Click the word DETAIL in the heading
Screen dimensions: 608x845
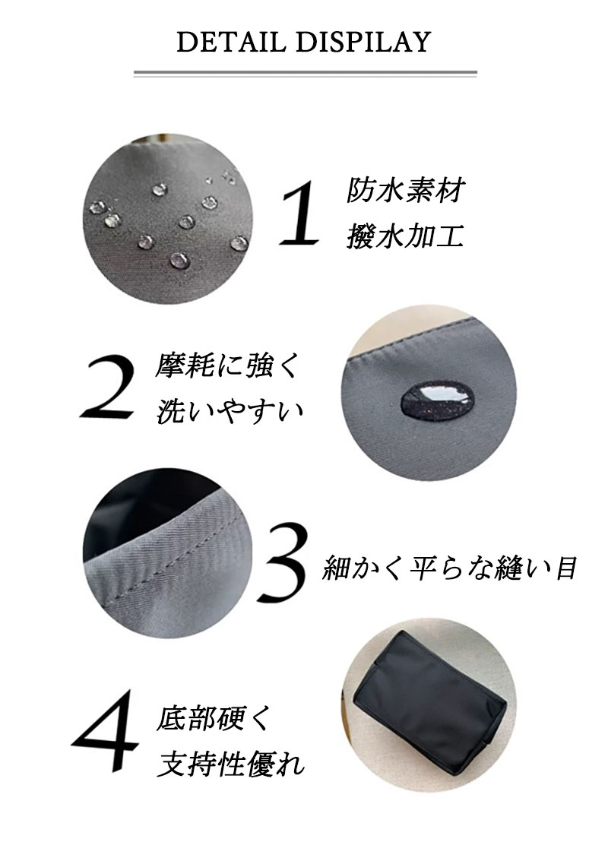coord(231,43)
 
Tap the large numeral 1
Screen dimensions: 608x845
coord(299,214)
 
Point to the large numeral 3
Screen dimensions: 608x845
coord(283,562)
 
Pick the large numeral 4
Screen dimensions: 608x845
coord(105,731)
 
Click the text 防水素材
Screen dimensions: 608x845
coord(405,191)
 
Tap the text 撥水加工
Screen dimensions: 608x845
coord(405,236)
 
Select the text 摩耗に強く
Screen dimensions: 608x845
coord(226,366)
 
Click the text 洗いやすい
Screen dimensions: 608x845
coord(230,412)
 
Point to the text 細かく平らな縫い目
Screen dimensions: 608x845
coord(450,568)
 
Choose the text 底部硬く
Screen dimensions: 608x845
coord(212,719)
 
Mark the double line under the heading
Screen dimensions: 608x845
coord(305,74)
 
